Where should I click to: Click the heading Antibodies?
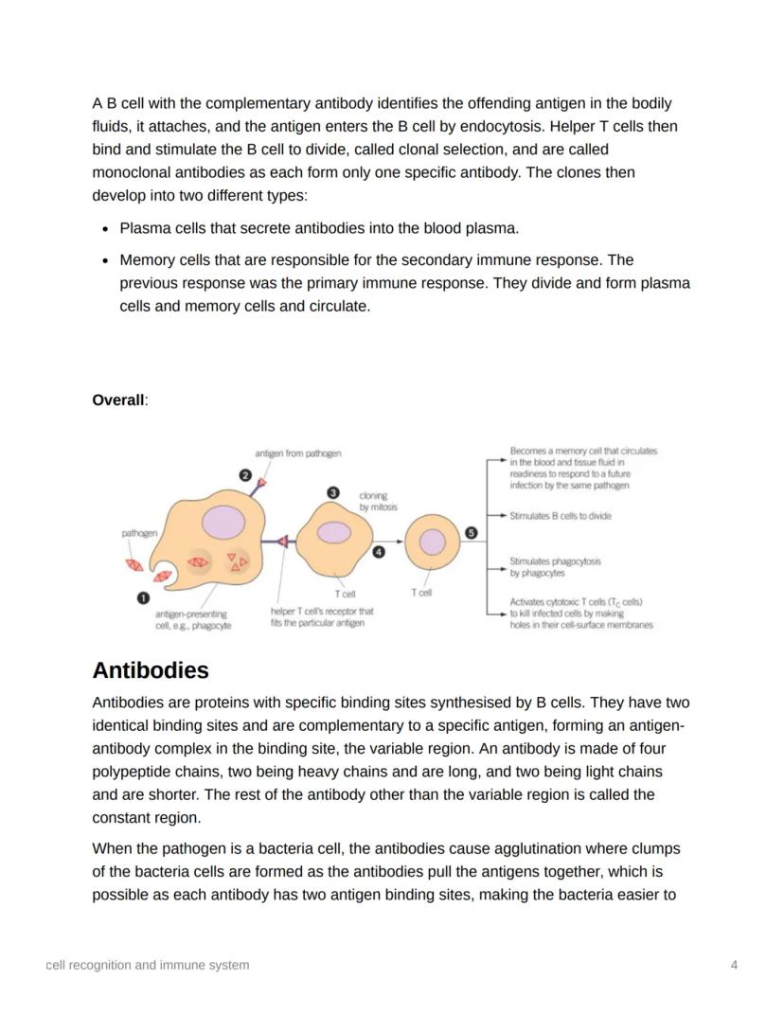click(151, 670)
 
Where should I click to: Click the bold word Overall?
click(118, 400)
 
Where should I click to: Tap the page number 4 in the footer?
click(734, 965)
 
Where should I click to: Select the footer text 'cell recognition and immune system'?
click(148, 965)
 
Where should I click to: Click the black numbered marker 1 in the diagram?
click(143, 597)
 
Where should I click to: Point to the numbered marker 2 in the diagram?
click(245, 475)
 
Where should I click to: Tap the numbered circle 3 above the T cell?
click(332, 492)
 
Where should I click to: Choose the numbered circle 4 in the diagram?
click(379, 552)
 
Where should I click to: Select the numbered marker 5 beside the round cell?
click(471, 533)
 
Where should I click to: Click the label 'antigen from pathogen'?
click(298, 454)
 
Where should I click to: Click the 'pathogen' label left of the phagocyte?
click(139, 533)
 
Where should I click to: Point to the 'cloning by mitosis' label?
click(378, 501)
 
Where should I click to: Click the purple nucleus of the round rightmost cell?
click(432, 543)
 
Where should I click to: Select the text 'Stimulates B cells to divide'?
click(560, 516)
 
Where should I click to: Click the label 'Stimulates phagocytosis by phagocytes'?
click(555, 566)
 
